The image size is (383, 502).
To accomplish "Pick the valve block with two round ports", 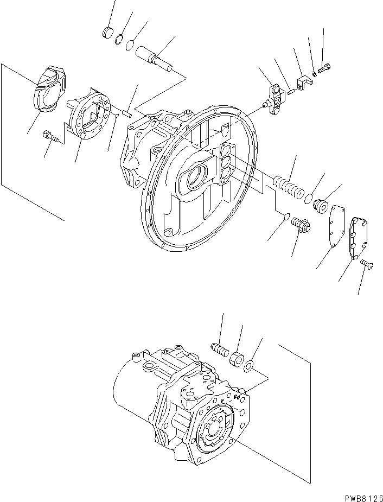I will [276, 98].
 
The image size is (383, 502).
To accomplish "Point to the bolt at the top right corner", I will [324, 69].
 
